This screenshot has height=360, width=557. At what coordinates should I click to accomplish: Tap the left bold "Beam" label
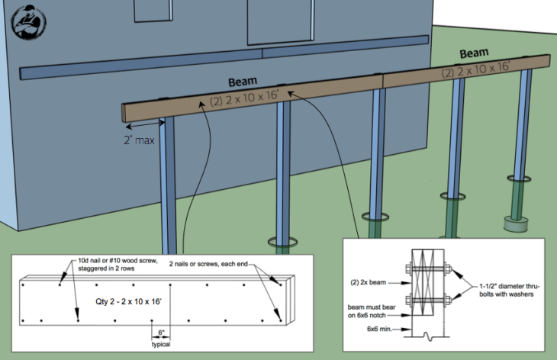pyautogui.click(x=243, y=81)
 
